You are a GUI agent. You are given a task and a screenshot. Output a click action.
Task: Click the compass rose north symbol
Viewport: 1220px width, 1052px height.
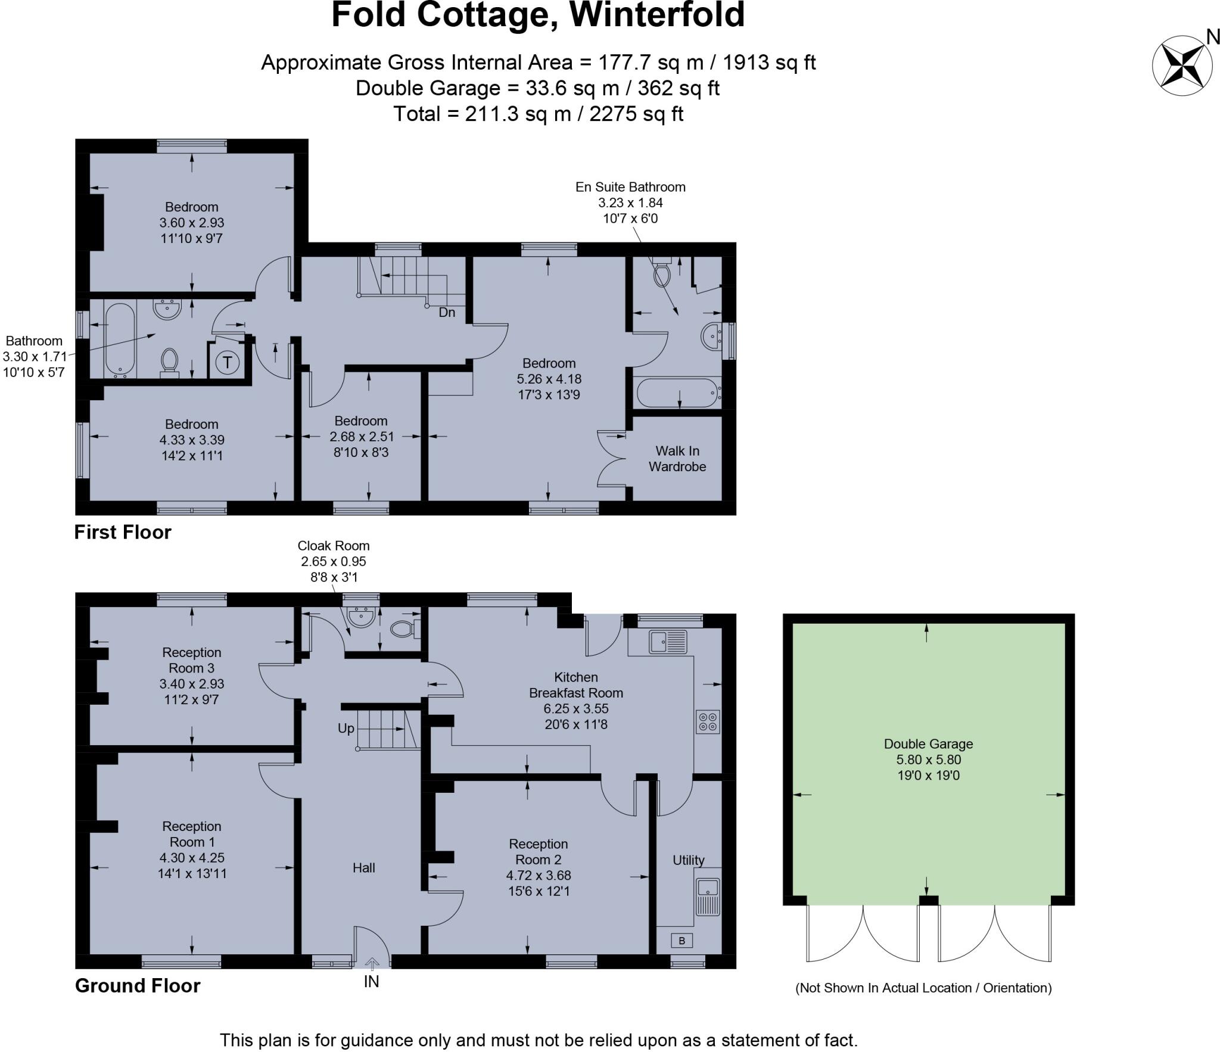1182,65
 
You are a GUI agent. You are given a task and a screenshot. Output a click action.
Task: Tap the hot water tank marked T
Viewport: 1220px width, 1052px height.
227,362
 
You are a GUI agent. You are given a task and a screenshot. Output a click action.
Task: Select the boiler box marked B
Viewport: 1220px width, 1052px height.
681,941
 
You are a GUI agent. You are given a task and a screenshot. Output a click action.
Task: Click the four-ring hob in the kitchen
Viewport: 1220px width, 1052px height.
708,721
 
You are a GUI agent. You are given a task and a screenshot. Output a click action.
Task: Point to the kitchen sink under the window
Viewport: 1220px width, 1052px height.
668,642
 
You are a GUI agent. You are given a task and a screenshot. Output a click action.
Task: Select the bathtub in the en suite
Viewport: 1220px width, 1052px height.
679,393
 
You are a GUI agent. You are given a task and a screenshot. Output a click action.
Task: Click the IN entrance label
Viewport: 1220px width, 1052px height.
371,982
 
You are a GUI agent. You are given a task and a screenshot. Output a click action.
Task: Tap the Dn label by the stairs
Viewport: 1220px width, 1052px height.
447,312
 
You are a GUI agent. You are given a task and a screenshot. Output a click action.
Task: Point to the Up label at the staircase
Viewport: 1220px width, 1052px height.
346,728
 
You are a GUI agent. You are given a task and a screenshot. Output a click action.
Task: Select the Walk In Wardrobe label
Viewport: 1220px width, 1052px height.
677,459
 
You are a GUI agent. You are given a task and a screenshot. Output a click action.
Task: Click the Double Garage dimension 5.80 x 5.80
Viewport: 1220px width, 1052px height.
928,760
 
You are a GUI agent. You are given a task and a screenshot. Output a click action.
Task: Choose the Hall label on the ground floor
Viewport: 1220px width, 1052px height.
363,867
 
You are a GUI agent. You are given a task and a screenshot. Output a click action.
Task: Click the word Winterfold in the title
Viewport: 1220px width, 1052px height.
658,15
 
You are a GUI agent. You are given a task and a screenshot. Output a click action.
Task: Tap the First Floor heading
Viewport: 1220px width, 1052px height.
123,532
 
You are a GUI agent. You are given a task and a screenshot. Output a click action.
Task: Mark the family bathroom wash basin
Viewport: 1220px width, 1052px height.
167,309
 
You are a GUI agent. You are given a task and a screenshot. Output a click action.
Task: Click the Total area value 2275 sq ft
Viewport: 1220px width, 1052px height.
636,113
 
